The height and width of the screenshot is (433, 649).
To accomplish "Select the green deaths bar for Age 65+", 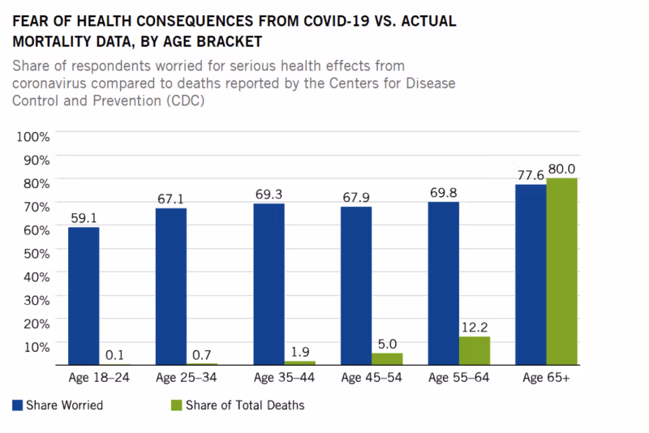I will pos(561,272).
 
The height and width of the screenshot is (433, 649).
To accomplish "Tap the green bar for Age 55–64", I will pos(475,350).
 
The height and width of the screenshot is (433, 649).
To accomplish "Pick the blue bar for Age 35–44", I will pos(269,284).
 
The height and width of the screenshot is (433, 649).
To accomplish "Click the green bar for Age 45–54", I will pos(387,358).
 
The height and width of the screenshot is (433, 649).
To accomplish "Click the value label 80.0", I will pos(562,169).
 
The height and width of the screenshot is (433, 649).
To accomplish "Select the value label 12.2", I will pos(475,327).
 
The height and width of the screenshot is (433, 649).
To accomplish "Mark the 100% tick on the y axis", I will pos(34,136).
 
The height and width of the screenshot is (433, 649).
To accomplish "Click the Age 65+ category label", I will pos(546,378).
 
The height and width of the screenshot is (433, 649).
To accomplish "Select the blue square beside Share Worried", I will pos(17,405).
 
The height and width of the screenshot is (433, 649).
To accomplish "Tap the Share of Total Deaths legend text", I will pos(245,405).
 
